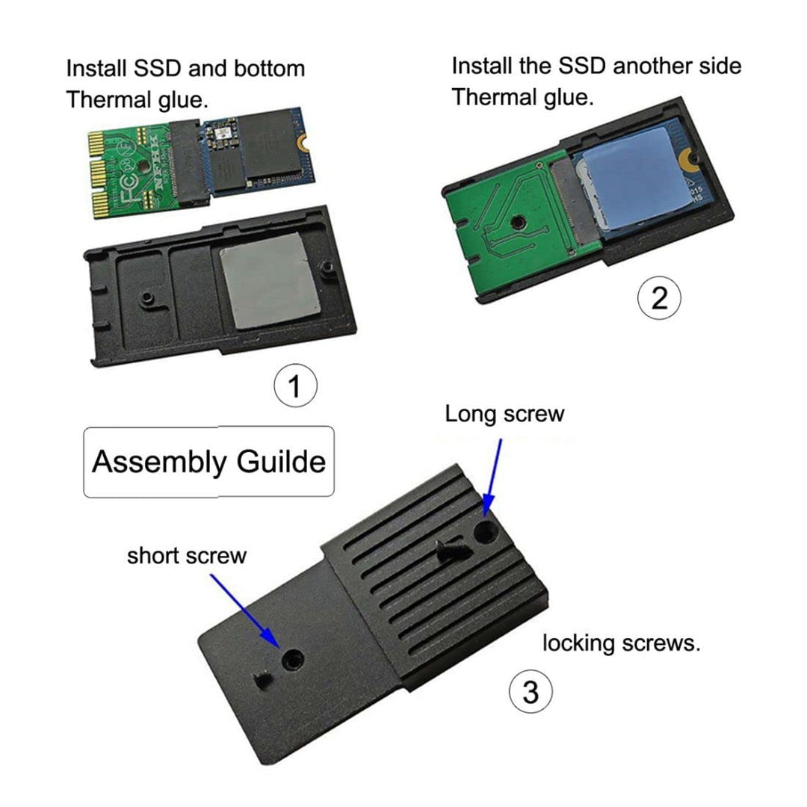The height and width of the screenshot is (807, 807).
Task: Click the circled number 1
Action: click(295, 387)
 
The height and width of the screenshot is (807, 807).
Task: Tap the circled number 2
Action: click(658, 298)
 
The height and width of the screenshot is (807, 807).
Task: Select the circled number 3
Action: click(530, 692)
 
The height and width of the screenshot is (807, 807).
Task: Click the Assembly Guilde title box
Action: click(208, 462)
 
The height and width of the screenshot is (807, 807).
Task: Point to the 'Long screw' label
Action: click(504, 414)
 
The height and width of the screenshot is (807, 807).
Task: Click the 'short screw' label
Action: click(186, 556)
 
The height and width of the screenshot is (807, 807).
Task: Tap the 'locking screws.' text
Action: click(621, 643)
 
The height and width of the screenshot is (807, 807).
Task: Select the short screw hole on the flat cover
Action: click(291, 659)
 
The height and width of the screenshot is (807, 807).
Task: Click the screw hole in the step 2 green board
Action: click(515, 222)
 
